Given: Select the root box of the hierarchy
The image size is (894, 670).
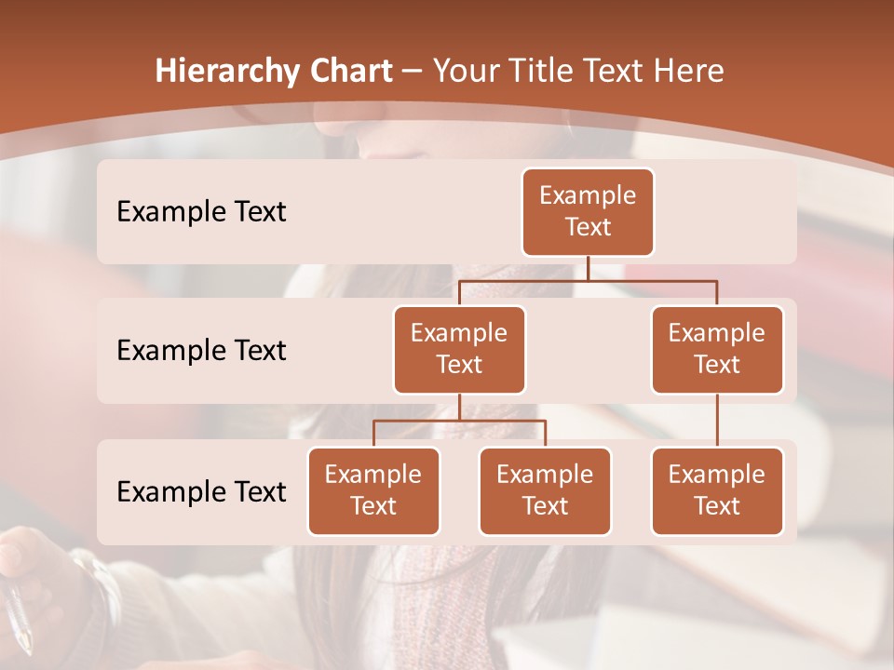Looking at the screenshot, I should pyautogui.click(x=588, y=211).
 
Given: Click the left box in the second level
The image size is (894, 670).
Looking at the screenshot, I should pyautogui.click(x=459, y=349).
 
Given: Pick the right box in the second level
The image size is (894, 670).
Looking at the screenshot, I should pyautogui.click(x=717, y=349).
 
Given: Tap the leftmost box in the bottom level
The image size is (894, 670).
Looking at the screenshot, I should pyautogui.click(x=373, y=490).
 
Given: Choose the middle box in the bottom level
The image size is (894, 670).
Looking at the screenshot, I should pyautogui.click(x=545, y=490).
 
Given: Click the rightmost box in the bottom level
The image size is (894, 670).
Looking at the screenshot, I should pyautogui.click(x=717, y=490).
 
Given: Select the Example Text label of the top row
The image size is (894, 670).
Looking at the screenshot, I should pyautogui.click(x=201, y=211).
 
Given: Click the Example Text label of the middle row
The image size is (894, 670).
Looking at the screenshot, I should pyautogui.click(x=201, y=350).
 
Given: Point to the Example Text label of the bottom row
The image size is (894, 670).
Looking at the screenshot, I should pyautogui.click(x=201, y=491).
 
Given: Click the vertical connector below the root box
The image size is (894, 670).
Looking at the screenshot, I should pyautogui.click(x=588, y=268).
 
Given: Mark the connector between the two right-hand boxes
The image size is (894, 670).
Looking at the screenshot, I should pyautogui.click(x=717, y=421).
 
